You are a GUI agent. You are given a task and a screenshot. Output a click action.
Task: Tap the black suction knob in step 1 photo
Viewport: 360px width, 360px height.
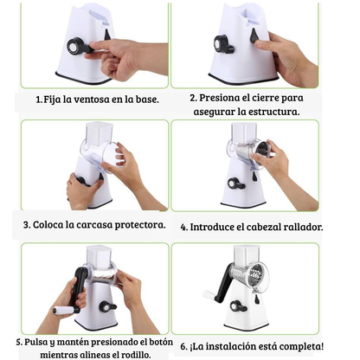click(x=75, y=46)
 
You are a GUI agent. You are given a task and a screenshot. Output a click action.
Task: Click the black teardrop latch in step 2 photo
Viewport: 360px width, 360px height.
click(x=254, y=35)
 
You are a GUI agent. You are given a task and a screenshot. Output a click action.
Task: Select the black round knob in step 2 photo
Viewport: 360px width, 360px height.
click(x=222, y=44)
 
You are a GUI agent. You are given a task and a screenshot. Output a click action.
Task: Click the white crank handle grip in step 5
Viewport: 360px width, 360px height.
click(x=63, y=311)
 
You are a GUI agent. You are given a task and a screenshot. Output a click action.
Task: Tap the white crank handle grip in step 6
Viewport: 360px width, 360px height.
click(x=209, y=294)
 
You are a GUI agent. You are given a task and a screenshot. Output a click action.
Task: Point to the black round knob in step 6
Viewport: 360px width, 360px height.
click(x=236, y=306)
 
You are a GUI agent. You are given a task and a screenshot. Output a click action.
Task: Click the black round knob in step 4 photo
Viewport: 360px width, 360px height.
click(x=234, y=183)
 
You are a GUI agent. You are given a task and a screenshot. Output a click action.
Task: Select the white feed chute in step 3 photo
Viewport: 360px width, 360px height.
click(x=99, y=133)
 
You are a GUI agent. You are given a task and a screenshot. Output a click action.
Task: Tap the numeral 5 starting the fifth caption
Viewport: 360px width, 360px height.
click(x=19, y=343)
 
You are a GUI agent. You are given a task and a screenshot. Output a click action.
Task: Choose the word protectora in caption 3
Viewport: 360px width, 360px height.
click(x=140, y=225)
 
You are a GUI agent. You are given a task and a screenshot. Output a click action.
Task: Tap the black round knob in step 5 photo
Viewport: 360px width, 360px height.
click(x=106, y=307)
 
